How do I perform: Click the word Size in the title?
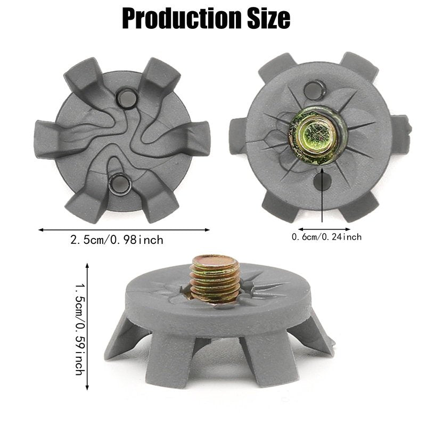coord(269,18)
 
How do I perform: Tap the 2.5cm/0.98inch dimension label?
coord(117,240)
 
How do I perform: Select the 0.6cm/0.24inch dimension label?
coord(326,237)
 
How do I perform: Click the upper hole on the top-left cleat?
coord(126,98)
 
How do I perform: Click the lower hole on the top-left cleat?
coord(119,184)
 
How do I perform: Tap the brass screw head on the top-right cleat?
coord(317,136)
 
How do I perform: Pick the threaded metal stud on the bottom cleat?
coord(215,279)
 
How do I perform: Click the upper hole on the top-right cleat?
coord(315,89)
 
